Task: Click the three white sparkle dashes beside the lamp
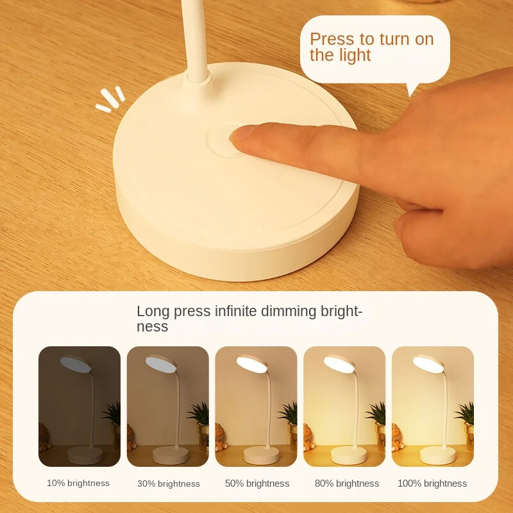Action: (x=111, y=99)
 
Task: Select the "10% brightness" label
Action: (x=78, y=483)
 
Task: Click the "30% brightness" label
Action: (x=168, y=484)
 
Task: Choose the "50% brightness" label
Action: (x=256, y=484)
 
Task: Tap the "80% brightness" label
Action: (x=346, y=484)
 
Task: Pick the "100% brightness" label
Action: (x=432, y=484)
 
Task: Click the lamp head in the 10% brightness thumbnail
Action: (x=76, y=362)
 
